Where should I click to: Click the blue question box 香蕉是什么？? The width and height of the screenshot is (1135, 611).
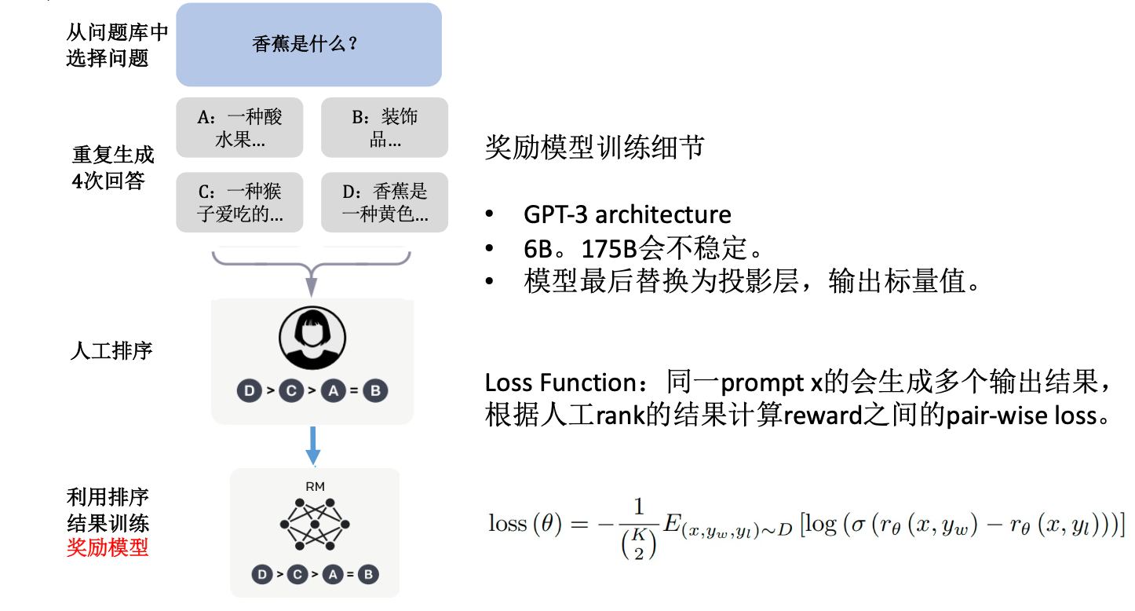click(x=308, y=45)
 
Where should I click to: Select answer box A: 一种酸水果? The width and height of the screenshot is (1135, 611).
click(x=239, y=128)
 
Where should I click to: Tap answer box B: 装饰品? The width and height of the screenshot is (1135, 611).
click(x=385, y=128)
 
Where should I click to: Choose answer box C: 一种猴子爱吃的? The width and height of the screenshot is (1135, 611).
click(x=239, y=202)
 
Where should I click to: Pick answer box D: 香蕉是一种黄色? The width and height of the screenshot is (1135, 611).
click(x=385, y=202)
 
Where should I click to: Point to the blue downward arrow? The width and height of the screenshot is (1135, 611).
click(x=313, y=446)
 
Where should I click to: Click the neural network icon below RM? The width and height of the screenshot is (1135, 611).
click(x=315, y=524)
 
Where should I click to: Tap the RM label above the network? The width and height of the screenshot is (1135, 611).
click(x=315, y=487)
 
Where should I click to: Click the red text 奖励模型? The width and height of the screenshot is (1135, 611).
click(x=108, y=547)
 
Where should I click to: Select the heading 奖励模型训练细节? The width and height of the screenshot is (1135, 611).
click(x=594, y=148)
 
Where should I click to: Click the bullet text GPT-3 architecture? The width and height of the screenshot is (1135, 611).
click(x=627, y=214)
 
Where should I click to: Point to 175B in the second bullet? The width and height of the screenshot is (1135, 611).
click(x=608, y=248)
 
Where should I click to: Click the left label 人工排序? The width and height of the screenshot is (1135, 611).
click(x=111, y=350)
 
